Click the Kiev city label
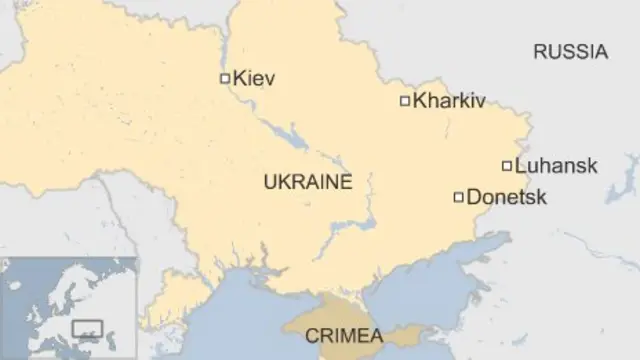tap(254, 78)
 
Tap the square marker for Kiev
tap(225, 78)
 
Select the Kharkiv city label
tap(449, 101)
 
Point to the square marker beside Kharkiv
tap(405, 100)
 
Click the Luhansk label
tap(556, 166)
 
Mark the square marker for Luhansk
tap(507, 166)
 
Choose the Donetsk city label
tap(507, 198)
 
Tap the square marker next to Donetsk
tap(459, 197)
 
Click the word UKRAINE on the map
tap(308, 182)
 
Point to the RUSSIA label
tap(570, 52)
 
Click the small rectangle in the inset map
tap(88, 326)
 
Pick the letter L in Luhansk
tap(520, 166)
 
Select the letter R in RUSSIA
tap(539, 52)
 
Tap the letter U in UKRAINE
tap(269, 182)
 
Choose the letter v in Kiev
tap(269, 79)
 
